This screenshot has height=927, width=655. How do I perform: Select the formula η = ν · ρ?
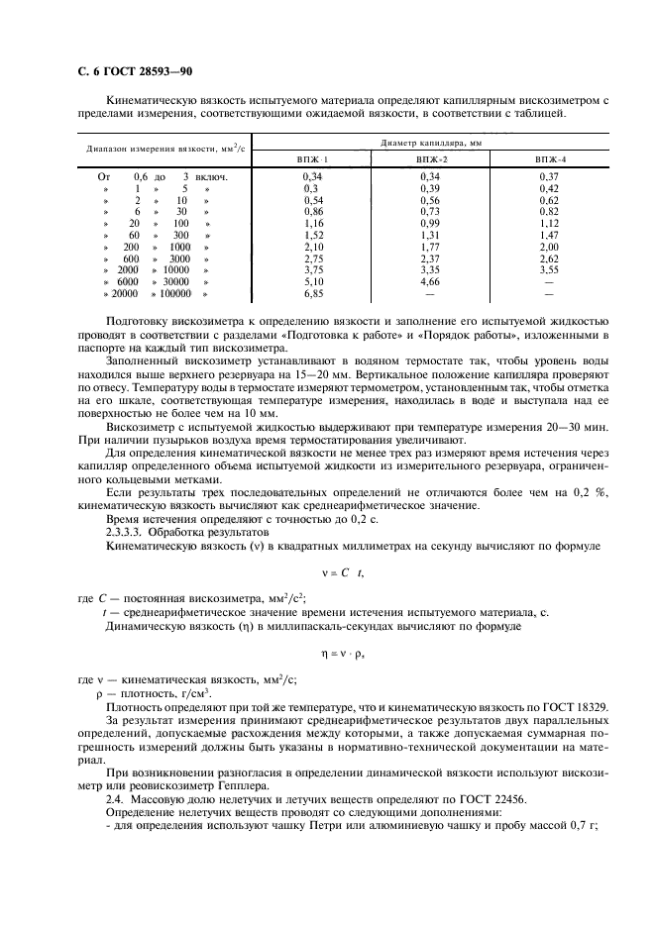pyautogui.click(x=328, y=655)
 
